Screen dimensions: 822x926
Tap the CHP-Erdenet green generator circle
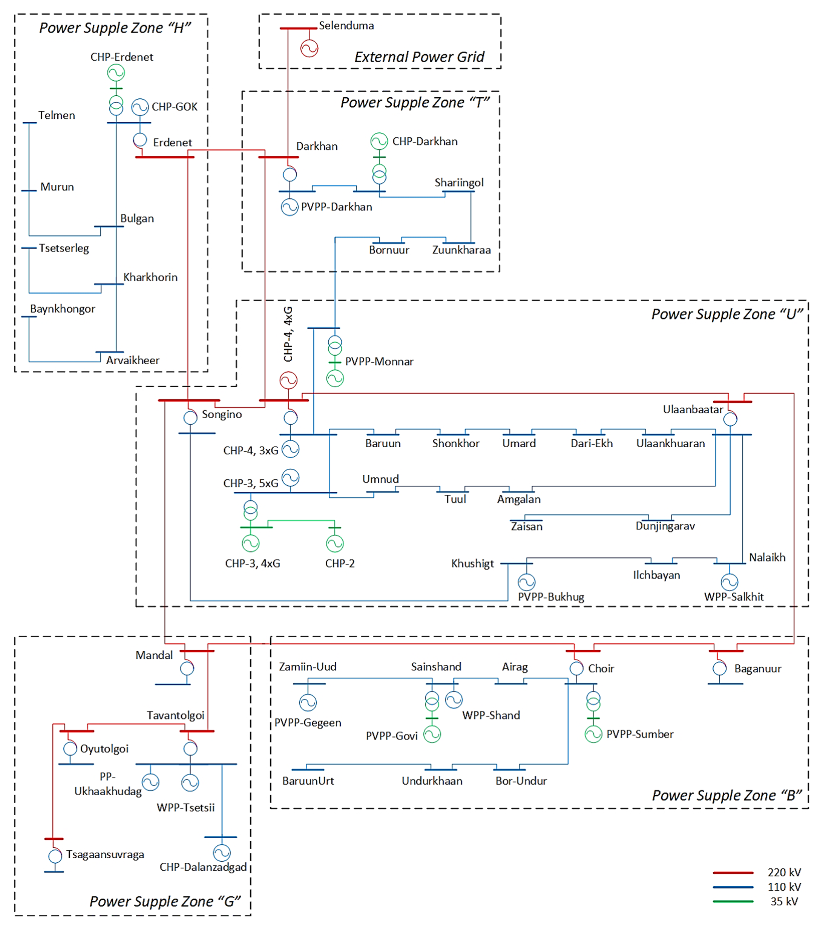116,73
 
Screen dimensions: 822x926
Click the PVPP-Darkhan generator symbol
290,207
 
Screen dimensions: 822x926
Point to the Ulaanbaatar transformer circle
730,419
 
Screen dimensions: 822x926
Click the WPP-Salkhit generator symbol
730,582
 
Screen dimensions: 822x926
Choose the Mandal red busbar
197,651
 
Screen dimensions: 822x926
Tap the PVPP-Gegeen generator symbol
308,703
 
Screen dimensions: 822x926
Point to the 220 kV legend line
733,872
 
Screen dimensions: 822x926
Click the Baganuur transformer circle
720,668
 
